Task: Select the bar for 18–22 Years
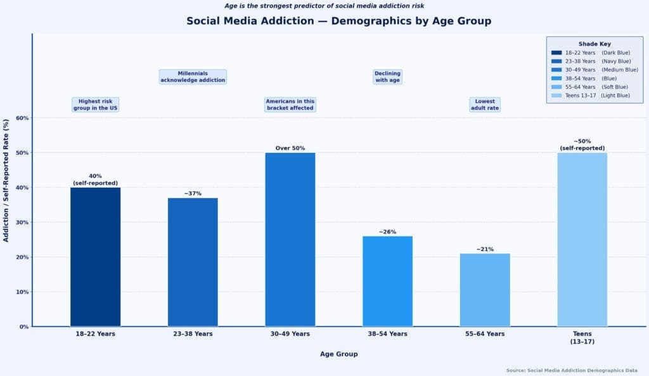click(x=95, y=257)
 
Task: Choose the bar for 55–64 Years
click(x=485, y=290)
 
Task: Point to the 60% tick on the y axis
click(x=22, y=118)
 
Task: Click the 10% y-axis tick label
click(x=22, y=292)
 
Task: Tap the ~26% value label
click(x=387, y=232)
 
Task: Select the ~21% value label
click(x=485, y=249)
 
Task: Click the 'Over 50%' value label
click(x=290, y=148)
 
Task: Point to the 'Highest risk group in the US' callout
click(x=96, y=105)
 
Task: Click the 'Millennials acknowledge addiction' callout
click(x=193, y=77)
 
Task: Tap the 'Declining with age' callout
click(x=387, y=77)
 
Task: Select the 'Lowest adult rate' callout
click(x=485, y=105)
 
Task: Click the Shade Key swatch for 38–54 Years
click(x=556, y=78)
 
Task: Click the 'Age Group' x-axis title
click(x=338, y=354)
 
